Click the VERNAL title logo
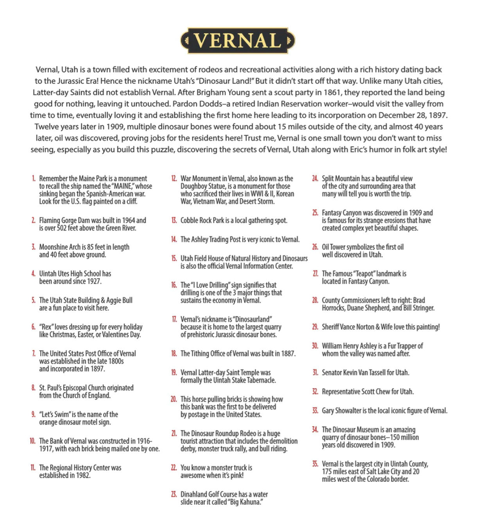238,40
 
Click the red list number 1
34,178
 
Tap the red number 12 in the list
174,178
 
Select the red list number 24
315,178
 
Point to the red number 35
315,464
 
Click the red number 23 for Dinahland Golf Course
174,494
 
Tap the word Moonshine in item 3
54,247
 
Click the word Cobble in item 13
190,220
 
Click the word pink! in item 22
235,476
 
